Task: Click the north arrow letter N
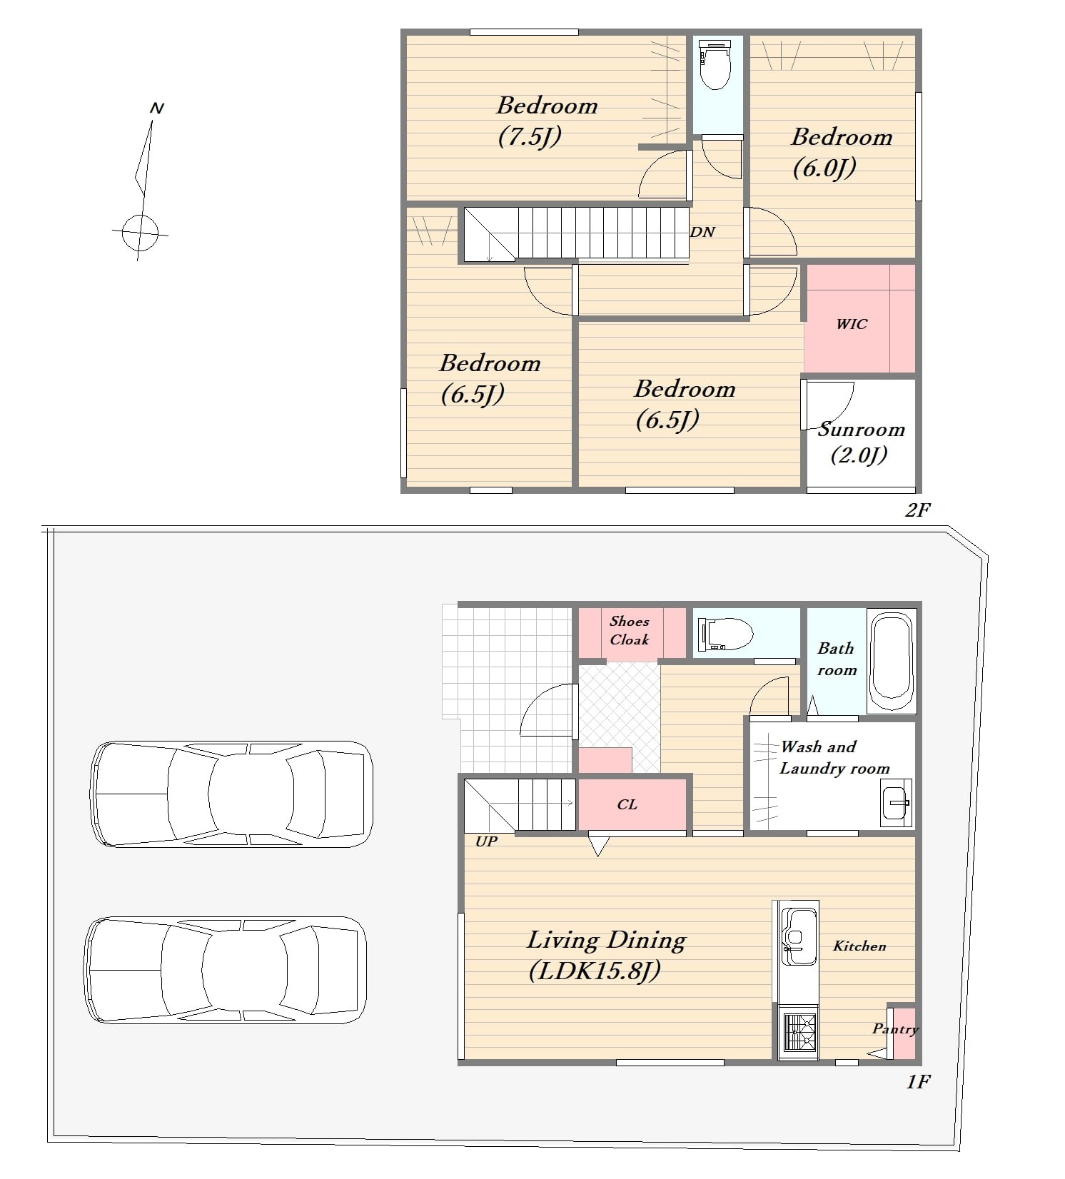click(157, 108)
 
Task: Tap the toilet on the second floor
click(715, 64)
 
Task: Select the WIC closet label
click(852, 324)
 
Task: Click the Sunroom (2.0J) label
click(861, 442)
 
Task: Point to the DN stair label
click(702, 232)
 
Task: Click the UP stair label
click(486, 841)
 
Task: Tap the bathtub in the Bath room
click(892, 660)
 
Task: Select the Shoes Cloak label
click(629, 630)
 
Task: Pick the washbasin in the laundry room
click(896, 803)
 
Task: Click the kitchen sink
click(799, 934)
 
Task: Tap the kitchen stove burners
click(799, 1032)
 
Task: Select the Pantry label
click(895, 1029)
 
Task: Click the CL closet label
click(627, 804)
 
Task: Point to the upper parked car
click(232, 794)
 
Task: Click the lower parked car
click(226, 970)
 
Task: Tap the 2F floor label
click(918, 510)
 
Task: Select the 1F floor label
click(918, 1082)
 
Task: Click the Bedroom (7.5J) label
click(547, 121)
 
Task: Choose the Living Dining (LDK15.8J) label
click(605, 955)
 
